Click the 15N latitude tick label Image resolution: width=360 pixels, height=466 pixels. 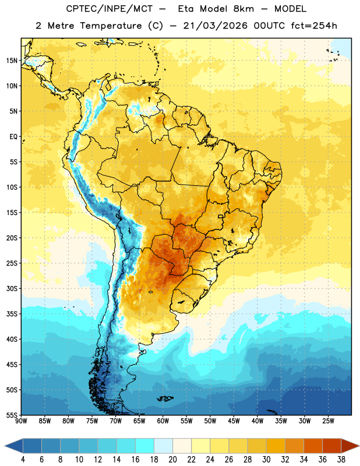pos(12,61)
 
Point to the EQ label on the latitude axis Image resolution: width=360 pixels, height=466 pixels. pos(13,137)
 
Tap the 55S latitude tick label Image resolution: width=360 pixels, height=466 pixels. pos(12,415)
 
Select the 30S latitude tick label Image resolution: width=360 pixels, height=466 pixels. pos(12,288)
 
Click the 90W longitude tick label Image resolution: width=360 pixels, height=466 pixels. pos(21,421)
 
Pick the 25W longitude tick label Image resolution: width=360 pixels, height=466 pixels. pos(328,421)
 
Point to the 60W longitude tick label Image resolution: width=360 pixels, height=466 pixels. pos(163,421)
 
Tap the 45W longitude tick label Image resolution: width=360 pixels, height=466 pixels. pos(234,421)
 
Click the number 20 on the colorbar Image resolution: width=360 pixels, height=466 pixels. pos(172,460)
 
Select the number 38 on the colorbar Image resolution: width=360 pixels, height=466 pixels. pos(341,460)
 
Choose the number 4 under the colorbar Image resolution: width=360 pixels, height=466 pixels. pos(23,460)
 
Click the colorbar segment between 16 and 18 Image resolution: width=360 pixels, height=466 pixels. pos(145,446)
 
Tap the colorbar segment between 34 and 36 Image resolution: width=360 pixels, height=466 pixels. pos(313,446)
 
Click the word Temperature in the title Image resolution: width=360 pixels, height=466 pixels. pos(111,26)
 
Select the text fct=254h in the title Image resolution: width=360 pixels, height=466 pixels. pos(314,26)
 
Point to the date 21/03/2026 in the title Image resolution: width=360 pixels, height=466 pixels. pos(215,26)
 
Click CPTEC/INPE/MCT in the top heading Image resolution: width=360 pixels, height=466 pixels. pos(109,9)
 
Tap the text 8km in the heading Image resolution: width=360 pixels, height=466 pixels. pos(243,9)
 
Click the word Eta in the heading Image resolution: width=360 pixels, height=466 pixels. pos(185,9)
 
